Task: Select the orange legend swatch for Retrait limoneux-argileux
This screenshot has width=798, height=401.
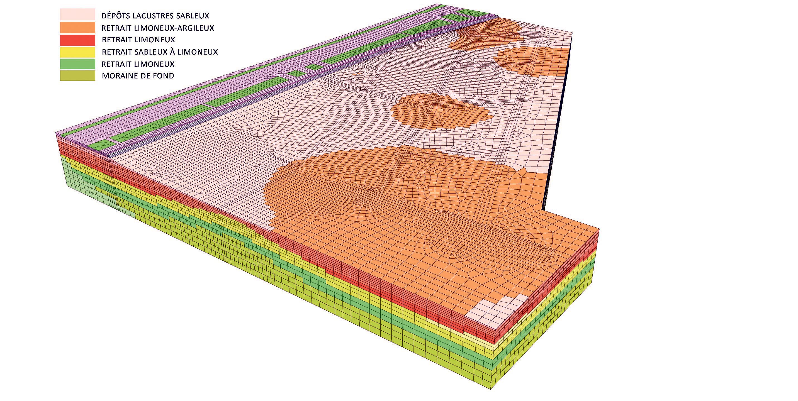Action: (x=77, y=27)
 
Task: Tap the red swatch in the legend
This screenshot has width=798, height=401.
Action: (x=77, y=39)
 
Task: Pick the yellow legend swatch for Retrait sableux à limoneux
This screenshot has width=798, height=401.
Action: (x=77, y=52)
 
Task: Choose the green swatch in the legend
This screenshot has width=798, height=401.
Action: (x=77, y=64)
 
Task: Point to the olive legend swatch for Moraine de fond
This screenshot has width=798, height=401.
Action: (x=77, y=75)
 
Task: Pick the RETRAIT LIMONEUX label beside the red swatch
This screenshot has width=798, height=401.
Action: (x=138, y=40)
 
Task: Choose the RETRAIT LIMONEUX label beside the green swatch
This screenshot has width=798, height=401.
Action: (x=138, y=64)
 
